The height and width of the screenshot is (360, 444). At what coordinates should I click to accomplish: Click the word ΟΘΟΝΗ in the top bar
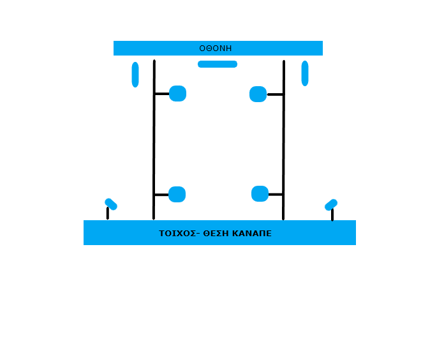[216, 49]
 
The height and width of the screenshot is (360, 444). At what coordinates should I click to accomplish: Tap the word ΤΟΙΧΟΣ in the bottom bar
[177, 234]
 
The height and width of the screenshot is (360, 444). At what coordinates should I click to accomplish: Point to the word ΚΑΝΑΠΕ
[252, 234]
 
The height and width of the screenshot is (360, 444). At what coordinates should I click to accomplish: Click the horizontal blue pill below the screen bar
[218, 64]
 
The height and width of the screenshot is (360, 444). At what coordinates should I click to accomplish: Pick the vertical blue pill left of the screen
[135, 75]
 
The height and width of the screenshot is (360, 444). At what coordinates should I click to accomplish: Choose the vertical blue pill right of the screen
[305, 73]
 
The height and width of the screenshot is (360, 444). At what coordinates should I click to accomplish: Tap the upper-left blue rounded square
[177, 93]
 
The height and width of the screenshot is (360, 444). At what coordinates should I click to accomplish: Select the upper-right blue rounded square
[258, 94]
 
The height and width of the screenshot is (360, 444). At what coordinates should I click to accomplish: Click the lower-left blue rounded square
[177, 194]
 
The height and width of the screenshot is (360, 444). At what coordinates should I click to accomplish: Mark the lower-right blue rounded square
[260, 194]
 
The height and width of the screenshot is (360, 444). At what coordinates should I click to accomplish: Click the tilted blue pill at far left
[111, 204]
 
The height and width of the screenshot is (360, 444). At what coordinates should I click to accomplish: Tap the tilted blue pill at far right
[331, 205]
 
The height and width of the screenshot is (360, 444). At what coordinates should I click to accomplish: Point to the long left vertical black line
[154, 140]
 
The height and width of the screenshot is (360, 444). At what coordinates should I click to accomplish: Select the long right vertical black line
[283, 140]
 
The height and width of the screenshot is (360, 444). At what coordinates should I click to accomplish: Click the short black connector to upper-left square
[162, 94]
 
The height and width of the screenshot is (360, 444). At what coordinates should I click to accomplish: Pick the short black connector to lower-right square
[275, 194]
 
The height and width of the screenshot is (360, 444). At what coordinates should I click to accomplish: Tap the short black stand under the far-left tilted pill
[108, 213]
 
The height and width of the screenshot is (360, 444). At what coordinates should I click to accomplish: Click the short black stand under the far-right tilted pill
[332, 214]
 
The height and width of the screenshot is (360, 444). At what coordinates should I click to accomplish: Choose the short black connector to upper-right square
[275, 94]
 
